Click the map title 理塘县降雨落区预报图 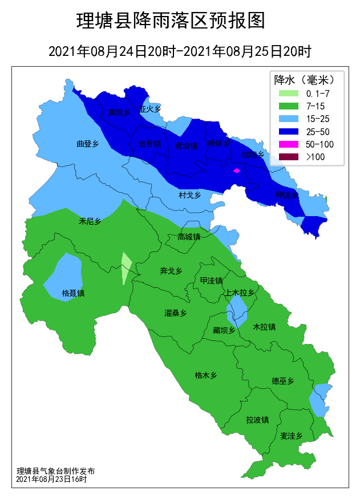pos(171,21)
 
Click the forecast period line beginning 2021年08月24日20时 pos(180,51)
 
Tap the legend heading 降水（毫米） pos(306,79)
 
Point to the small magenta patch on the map pos(236,171)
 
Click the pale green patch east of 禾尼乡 pos(126,268)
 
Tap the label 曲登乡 pos(88,144)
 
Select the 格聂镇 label pos(73,293)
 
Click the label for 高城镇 pos(189,237)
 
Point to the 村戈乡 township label pos(190,195)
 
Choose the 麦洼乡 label pos(291,436)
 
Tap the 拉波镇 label pos(257,420)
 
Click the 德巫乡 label pos(282,381)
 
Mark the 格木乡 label pos(206,375)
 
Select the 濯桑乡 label pos(176,313)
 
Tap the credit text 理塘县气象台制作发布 pos(55,471)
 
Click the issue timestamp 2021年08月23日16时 pos(51,480)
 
